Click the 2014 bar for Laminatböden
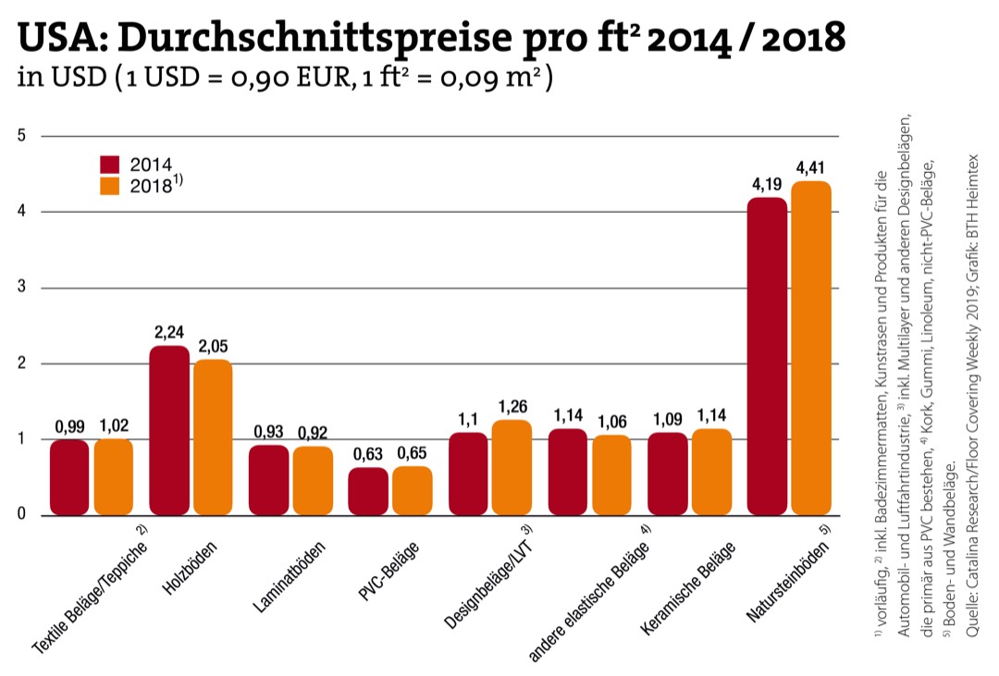tap(268, 480)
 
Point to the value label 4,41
tap(811, 167)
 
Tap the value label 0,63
tap(368, 454)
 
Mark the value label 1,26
tap(512, 406)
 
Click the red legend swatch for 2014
tap(110, 165)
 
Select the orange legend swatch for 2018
tap(110, 185)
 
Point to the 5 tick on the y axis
tap(21, 136)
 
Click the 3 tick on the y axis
tap(21, 288)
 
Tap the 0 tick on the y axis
tap(21, 515)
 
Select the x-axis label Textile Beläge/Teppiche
tap(90, 592)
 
